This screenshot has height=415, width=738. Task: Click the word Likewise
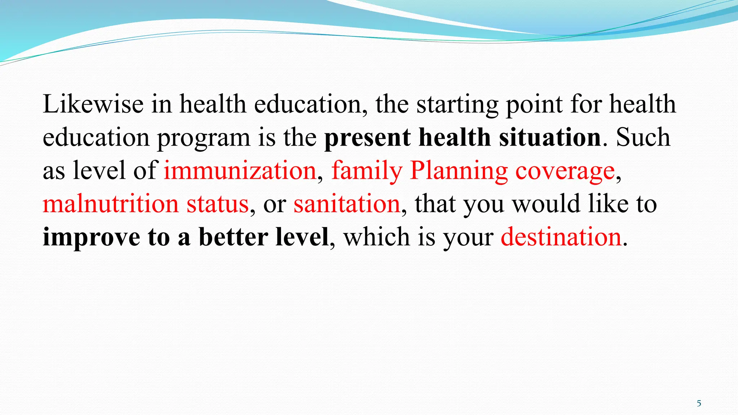[x=93, y=104]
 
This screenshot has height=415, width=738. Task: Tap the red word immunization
[x=240, y=171]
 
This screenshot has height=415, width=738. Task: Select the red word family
[x=366, y=171]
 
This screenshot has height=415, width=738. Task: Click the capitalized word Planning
[x=459, y=171]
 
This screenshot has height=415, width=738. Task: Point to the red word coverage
[x=565, y=171]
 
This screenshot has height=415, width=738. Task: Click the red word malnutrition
[x=110, y=204]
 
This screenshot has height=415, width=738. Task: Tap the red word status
[x=218, y=204]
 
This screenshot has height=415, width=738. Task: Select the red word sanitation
[x=347, y=204]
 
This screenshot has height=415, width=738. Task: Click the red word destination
[x=561, y=237]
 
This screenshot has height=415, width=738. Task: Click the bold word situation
[x=550, y=138]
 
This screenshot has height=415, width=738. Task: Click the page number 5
[x=699, y=403]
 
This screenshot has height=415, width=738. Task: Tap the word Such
[x=643, y=138]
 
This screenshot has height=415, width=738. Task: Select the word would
[x=546, y=204]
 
